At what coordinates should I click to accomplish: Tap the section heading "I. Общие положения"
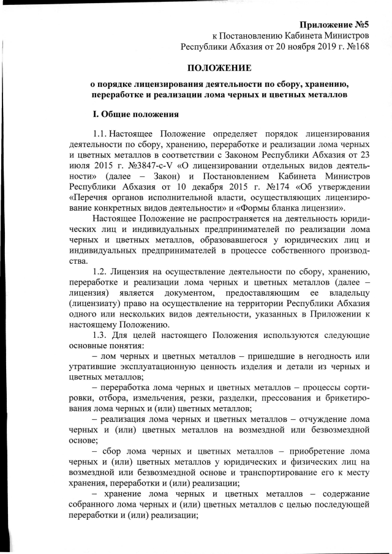point(135,114)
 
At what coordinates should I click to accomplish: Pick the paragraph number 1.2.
point(100,271)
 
